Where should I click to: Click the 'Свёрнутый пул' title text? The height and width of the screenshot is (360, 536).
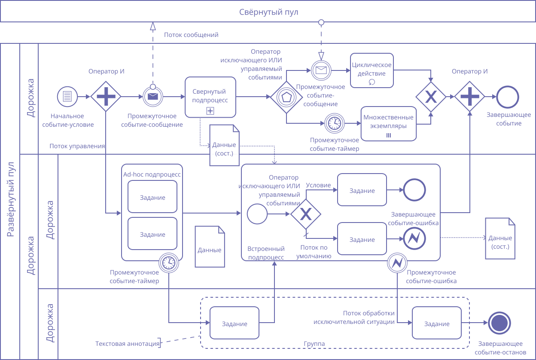coord(268,12)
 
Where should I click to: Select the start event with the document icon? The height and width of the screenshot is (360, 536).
coord(67,97)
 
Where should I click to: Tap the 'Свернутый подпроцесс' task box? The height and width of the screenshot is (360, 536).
coord(210,97)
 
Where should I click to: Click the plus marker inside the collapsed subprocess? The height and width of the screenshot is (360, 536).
coord(210,111)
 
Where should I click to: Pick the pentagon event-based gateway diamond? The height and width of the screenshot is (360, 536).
coord(286,97)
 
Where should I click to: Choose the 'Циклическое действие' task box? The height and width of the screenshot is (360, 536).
coord(372,70)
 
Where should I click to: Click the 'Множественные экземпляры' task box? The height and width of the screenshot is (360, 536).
coord(389,123)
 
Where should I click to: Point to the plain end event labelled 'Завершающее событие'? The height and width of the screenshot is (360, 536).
coord(508,97)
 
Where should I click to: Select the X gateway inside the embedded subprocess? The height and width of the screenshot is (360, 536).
coord(305,214)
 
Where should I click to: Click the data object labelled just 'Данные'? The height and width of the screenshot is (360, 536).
coord(210,247)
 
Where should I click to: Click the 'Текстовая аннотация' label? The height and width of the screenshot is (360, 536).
coord(127,344)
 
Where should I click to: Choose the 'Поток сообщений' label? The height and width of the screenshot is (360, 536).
coord(191,35)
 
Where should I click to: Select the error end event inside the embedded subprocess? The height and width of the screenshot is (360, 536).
coord(414,238)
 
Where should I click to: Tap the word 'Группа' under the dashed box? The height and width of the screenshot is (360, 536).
coord(314,344)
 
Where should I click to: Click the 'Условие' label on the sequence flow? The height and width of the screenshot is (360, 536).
coord(318,185)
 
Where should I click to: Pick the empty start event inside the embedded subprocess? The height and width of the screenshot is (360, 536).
coord(258,214)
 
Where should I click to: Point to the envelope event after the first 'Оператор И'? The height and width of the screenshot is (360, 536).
coord(153,97)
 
